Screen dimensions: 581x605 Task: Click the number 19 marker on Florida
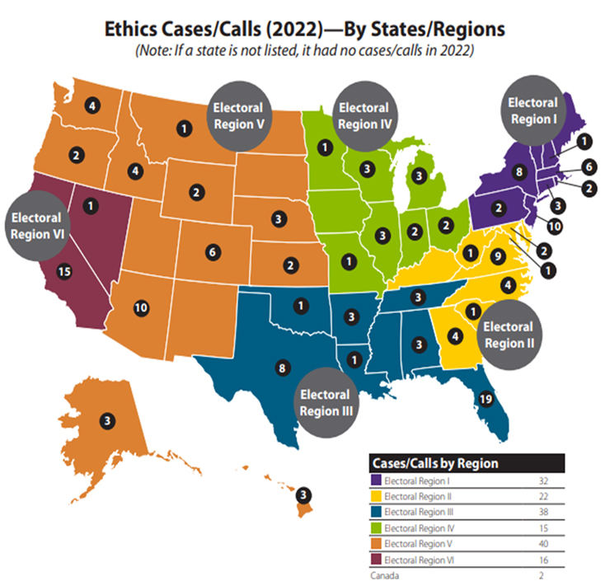485,401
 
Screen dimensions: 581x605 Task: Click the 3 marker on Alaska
106,420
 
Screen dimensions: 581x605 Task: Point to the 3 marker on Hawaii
304,495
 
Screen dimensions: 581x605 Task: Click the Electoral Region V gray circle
238,115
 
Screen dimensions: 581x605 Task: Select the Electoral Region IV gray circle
363,115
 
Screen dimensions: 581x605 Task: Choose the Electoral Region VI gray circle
36,226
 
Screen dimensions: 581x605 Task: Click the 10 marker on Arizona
141,307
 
